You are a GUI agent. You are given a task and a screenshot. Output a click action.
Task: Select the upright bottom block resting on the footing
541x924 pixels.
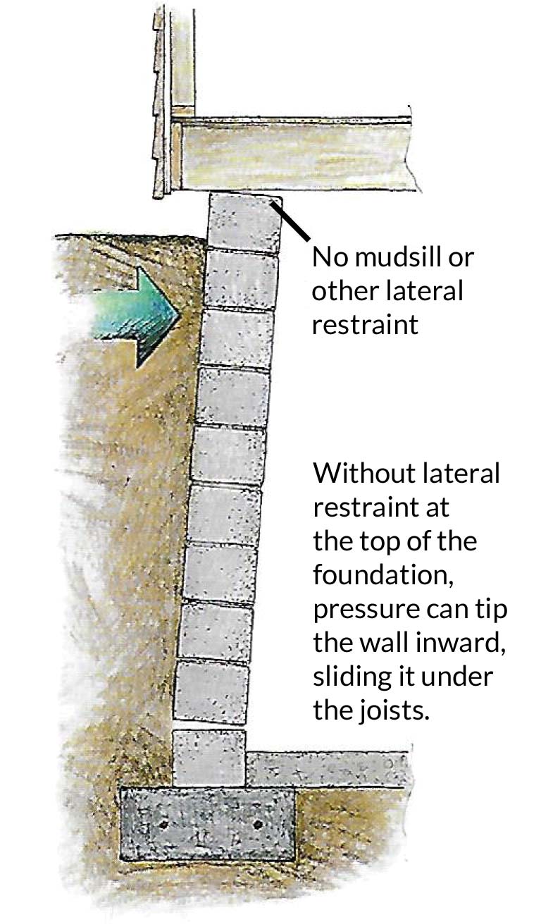pyautogui.click(x=209, y=758)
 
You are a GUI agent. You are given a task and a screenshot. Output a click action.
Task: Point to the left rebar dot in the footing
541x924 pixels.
pyautogui.click(x=163, y=823)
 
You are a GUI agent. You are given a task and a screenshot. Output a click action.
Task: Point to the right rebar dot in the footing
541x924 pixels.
pyautogui.click(x=257, y=823)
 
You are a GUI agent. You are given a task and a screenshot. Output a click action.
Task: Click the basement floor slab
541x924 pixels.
pyautogui.click(x=328, y=769)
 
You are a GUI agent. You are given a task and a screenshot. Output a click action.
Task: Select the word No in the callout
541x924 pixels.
pyautogui.click(x=328, y=257)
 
